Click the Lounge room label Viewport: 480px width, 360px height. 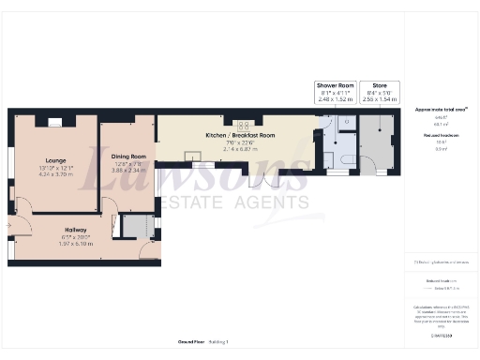click(54, 160)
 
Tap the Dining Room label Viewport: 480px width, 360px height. click(129, 156)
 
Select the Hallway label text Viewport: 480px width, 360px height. click(76, 230)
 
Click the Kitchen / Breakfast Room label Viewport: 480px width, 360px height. click(240, 135)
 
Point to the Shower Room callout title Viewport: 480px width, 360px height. click(336, 85)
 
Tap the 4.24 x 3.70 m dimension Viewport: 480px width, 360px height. click(54, 174)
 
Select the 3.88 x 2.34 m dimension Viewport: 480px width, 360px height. click(129, 170)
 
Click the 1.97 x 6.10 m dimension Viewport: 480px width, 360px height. click(76, 244)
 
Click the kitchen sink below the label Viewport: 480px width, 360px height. click(198, 164)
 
